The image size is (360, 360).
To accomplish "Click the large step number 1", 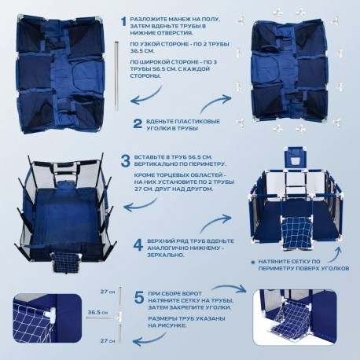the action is [x=123, y=22].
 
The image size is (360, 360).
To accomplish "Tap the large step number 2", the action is [x=138, y=124].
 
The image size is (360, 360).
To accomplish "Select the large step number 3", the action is [x=125, y=161].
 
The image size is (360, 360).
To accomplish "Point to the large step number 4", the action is [x=138, y=245].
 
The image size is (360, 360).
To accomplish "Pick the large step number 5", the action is [x=139, y=297].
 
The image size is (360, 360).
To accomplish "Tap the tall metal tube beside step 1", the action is [x=116, y=74].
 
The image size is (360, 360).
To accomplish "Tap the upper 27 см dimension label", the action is [x=108, y=292].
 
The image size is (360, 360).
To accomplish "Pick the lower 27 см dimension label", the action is [x=108, y=340].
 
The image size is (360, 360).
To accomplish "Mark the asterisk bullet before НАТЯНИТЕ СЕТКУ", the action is [x=253, y=262].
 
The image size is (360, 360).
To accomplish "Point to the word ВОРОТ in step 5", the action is [x=193, y=294].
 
